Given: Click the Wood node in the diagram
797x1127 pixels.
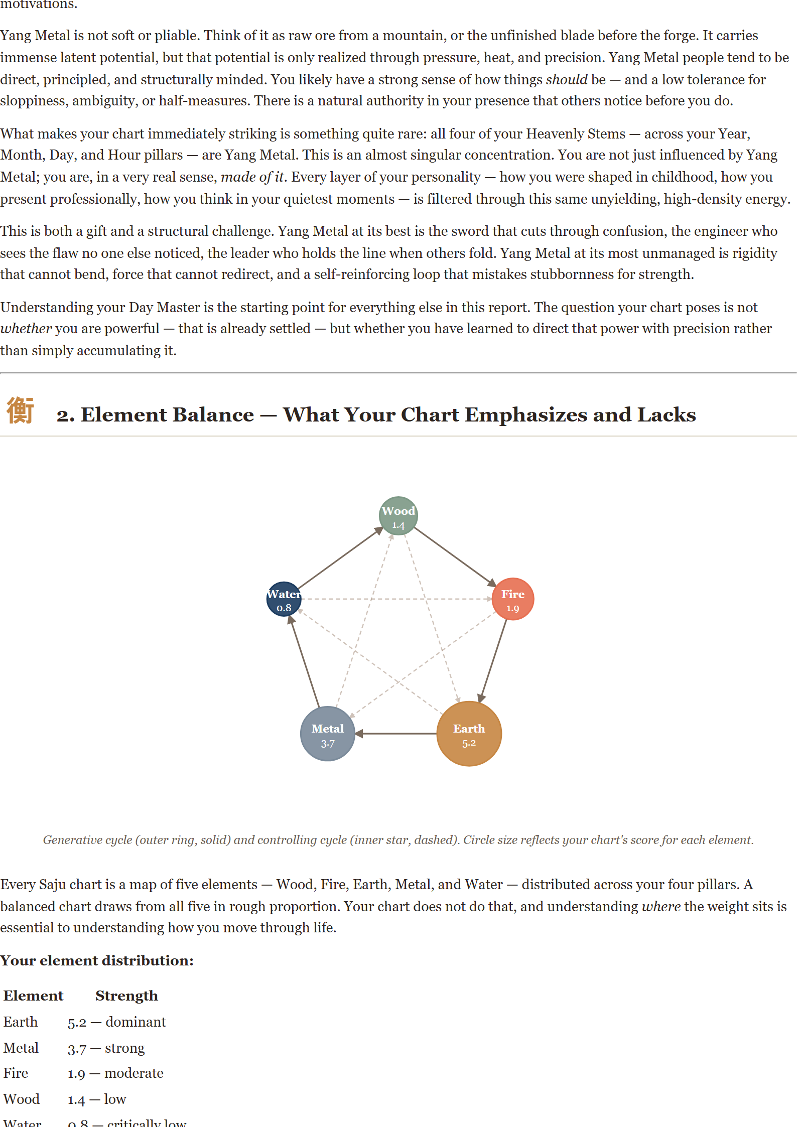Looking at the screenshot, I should [x=398, y=516].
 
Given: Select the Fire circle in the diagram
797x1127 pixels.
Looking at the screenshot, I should [x=512, y=599].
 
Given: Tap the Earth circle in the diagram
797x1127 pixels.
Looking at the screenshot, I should [x=469, y=734].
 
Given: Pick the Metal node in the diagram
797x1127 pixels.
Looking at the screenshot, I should [x=328, y=734].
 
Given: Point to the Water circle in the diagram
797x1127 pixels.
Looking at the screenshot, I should [x=284, y=599].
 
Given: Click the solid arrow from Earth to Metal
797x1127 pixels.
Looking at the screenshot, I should [x=396, y=734].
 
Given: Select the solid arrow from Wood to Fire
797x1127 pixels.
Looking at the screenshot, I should [x=455, y=556].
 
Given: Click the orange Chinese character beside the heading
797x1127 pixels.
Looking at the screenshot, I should [x=21, y=410].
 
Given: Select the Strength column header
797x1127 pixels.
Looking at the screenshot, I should [x=126, y=996].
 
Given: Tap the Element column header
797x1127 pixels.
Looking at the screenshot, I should [x=34, y=996].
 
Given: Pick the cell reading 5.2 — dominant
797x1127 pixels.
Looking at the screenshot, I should [x=116, y=1022].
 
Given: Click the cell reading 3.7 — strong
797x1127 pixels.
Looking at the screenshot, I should [x=106, y=1048].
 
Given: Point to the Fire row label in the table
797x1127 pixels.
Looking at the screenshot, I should [x=16, y=1073].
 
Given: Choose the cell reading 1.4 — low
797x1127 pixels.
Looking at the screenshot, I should [x=97, y=1099].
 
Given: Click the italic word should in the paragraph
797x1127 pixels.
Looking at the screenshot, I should [x=567, y=79].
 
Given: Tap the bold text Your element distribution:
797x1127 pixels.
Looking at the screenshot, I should [x=97, y=960].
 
